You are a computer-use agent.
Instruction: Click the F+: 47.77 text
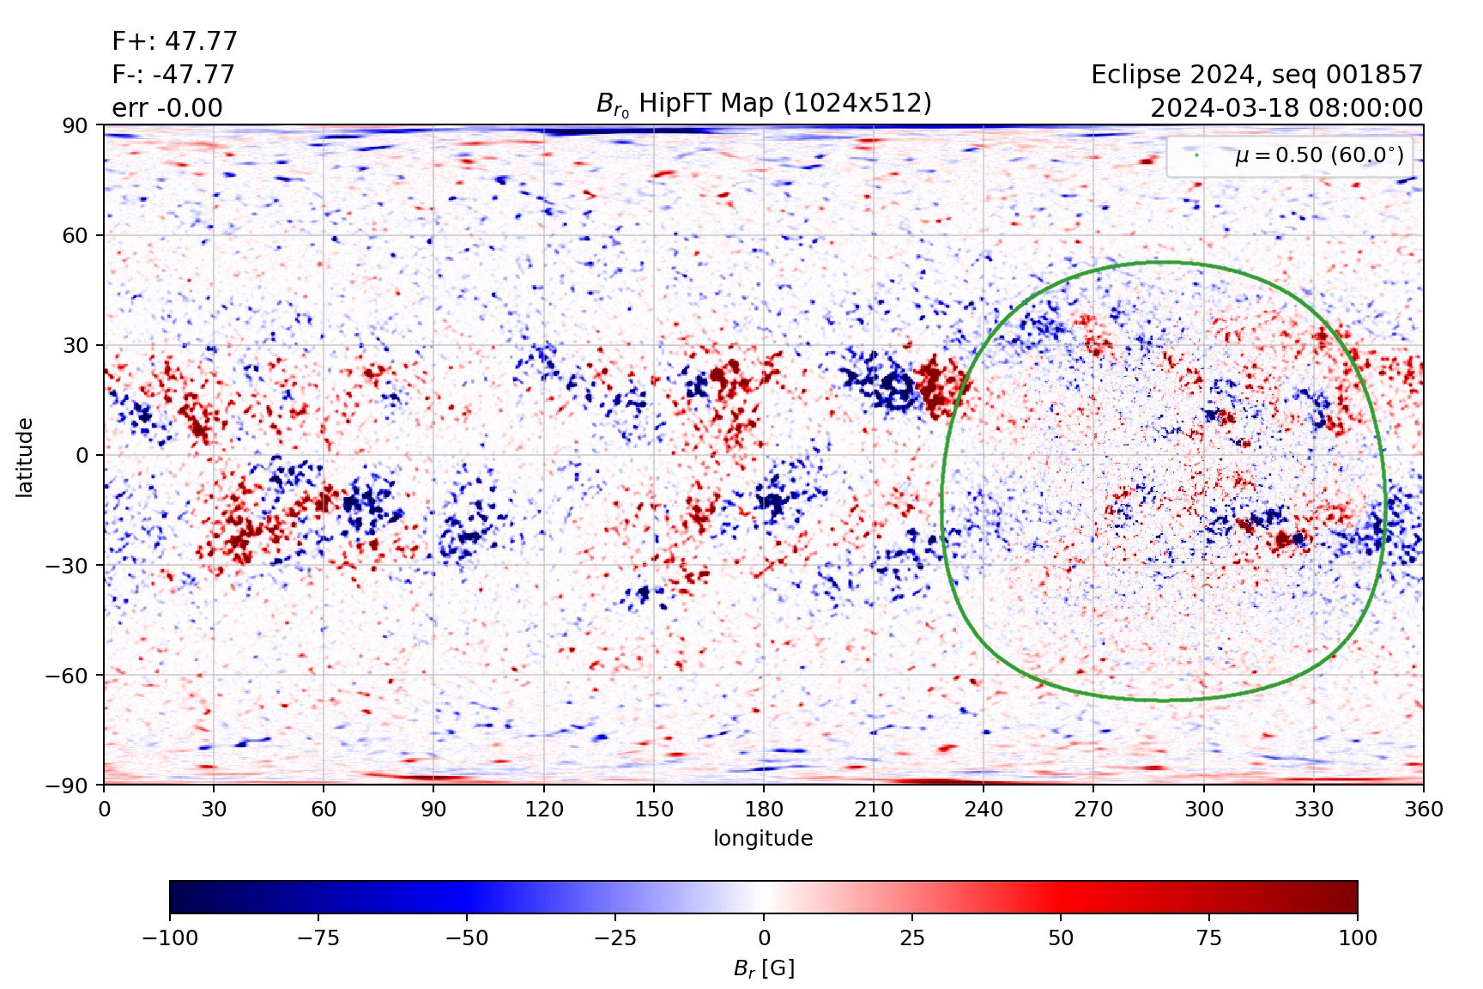174,41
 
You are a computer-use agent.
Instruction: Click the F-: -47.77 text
173,75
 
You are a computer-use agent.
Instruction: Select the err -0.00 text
166,108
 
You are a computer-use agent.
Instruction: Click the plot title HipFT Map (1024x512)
764,104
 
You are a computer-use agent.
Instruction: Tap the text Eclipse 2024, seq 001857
1256,75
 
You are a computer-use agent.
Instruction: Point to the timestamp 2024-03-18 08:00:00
1286,108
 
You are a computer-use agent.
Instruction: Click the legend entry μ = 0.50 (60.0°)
1318,155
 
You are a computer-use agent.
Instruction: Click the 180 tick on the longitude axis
764,810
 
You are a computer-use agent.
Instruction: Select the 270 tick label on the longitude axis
1093,810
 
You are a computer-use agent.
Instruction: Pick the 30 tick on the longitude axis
214,810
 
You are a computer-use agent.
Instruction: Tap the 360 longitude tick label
1423,810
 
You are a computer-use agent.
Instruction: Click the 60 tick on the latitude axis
76,235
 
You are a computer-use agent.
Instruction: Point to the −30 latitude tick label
69,565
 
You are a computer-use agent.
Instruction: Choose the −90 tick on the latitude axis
69,785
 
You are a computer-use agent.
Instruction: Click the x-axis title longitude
763,839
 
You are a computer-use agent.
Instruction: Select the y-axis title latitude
24,457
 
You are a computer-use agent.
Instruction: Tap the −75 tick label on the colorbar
318,937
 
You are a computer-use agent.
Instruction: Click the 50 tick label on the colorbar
1061,937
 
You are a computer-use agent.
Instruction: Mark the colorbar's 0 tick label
764,937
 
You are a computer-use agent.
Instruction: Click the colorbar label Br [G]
764,968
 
